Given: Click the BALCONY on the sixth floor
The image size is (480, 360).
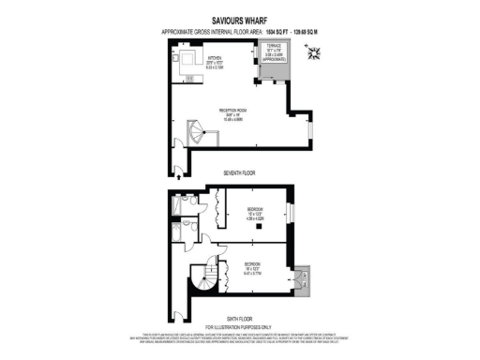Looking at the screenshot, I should click(302, 277).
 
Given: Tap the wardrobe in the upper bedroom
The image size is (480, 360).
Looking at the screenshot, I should click(217, 208).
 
